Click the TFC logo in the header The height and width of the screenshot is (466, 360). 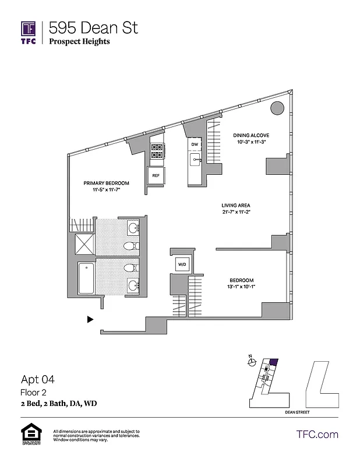(x=29, y=32)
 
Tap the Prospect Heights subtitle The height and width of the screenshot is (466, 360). (x=79, y=41)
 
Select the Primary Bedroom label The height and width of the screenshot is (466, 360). (x=105, y=183)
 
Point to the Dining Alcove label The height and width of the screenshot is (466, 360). (x=251, y=135)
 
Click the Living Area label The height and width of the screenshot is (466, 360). (x=236, y=205)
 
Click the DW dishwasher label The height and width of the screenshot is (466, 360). (x=195, y=144)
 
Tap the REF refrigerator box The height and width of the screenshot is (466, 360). (x=156, y=175)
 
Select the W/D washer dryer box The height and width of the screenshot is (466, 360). (x=181, y=265)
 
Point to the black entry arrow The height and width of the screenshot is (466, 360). (x=90, y=319)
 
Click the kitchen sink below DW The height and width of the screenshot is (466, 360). (x=195, y=158)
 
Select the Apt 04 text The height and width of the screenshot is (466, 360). (x=38, y=380)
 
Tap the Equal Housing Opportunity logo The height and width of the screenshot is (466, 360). (x=29, y=435)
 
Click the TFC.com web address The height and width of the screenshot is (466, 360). (x=317, y=434)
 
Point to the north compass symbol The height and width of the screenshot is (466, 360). (x=251, y=362)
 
